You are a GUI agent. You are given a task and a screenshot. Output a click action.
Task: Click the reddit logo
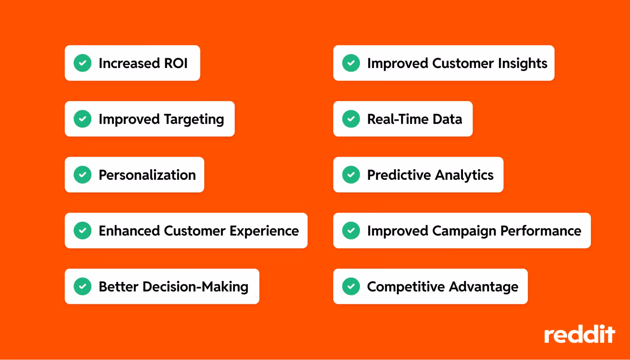[579, 334]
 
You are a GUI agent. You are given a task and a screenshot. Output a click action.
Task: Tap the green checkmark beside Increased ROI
[83, 63]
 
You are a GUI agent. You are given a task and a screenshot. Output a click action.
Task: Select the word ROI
[176, 63]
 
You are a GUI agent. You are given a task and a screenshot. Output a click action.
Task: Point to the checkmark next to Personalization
[83, 175]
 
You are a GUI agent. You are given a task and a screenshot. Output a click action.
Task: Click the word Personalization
[147, 175]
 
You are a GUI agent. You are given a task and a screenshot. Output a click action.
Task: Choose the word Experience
[264, 231]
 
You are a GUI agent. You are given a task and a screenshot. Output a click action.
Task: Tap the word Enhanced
[129, 231]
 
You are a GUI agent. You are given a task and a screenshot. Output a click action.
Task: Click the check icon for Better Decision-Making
[83, 286]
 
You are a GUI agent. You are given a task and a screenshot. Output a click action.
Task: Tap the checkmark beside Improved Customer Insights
[351, 63]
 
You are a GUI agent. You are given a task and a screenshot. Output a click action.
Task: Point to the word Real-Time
[398, 119]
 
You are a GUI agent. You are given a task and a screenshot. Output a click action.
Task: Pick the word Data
[447, 119]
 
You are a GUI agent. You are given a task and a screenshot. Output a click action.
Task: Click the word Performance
[540, 231]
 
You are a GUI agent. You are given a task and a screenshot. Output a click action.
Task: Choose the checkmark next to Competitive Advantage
[351, 286]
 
